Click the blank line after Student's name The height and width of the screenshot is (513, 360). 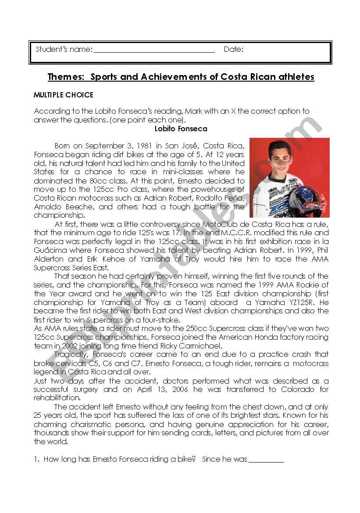[154, 51]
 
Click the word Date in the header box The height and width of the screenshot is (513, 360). [233, 49]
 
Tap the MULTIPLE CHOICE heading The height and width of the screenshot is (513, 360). [64, 95]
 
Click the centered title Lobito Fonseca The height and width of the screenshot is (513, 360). [181, 129]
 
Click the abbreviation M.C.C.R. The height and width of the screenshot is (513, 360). [242, 233]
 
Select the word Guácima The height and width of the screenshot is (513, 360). [50, 250]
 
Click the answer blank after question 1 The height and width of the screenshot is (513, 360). [266, 459]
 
